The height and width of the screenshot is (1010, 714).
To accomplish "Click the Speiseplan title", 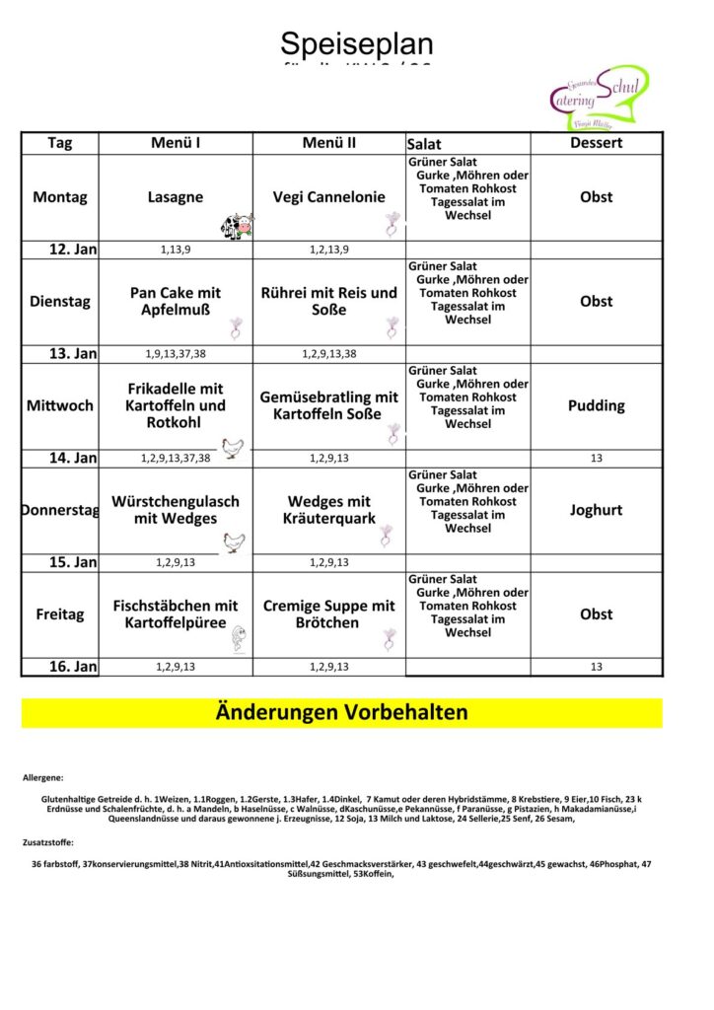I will [356, 43].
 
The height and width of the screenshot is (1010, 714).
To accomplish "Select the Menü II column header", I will [329, 143].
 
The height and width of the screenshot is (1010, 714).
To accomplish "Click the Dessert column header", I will [596, 143].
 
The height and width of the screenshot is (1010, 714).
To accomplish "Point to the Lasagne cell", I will [176, 197].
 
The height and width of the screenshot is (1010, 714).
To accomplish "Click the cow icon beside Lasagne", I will [237, 226].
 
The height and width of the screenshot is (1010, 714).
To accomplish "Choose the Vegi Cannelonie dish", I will [329, 197].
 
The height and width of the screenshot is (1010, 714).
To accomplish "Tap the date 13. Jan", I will [73, 354].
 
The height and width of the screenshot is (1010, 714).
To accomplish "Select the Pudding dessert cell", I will [596, 405].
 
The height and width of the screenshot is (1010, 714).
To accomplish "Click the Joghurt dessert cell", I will [596, 510].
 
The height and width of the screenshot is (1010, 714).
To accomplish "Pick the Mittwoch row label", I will [59, 405].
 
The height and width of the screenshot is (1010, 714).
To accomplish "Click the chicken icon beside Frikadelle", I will [233, 448].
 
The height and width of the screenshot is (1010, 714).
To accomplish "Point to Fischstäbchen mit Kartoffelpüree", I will [176, 614].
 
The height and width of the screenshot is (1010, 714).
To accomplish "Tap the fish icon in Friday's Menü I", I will [238, 640].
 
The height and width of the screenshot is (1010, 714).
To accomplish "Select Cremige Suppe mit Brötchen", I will [329, 614].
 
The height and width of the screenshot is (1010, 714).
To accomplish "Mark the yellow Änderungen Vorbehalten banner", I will [341, 712].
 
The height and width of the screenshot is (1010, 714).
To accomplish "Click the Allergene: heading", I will [43, 778].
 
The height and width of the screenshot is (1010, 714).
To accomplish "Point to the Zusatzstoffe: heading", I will [48, 843].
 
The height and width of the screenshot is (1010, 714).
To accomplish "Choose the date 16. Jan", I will [73, 668].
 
